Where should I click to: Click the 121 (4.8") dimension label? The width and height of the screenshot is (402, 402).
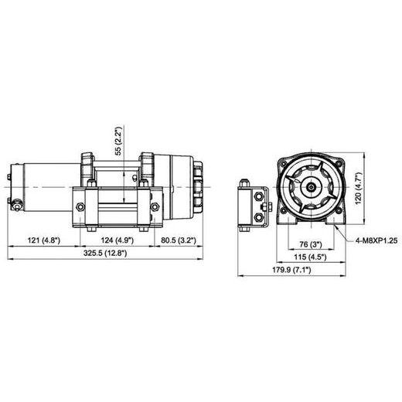pyautogui.click(x=44, y=240)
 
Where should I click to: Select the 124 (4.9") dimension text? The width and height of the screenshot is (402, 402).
pyautogui.click(x=116, y=240)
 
